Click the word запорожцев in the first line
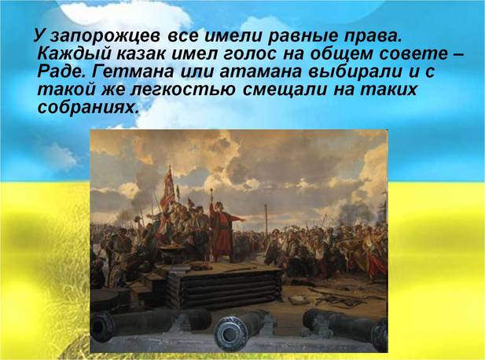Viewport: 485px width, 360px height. pyautogui.click(x=105, y=36)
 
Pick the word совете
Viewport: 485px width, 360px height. pyautogui.click(x=413, y=53)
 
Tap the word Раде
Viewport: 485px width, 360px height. pyautogui.click(x=61, y=72)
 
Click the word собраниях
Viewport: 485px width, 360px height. pyautogui.click(x=87, y=108)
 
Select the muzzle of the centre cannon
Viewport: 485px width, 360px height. pyautogui.click(x=229, y=333)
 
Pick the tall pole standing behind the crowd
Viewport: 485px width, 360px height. pyautogui.click(x=266, y=222)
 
